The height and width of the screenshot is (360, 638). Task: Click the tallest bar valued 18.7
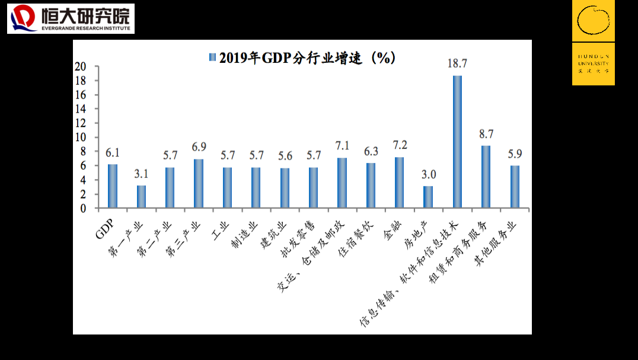[x=457, y=142]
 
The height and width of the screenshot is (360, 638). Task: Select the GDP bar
[x=112, y=186]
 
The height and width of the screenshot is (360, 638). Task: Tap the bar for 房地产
[x=428, y=197]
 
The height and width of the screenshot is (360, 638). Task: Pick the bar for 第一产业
[x=141, y=196]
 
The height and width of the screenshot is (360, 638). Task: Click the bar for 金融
[x=400, y=182]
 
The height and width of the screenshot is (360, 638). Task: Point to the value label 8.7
[x=486, y=134]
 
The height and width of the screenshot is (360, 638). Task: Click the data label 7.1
[x=342, y=146]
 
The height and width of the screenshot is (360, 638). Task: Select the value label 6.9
[x=198, y=147]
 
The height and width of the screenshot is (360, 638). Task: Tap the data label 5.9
[x=515, y=154]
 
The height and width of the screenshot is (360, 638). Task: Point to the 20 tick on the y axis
[x=80, y=66]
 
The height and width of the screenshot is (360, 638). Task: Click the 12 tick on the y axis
[x=80, y=123]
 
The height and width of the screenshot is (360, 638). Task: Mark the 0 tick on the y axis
[x=83, y=209]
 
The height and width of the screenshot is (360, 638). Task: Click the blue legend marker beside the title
[x=212, y=58]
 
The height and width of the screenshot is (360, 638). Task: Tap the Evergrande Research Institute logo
[x=71, y=18]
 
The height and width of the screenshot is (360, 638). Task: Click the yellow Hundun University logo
[x=593, y=43]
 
